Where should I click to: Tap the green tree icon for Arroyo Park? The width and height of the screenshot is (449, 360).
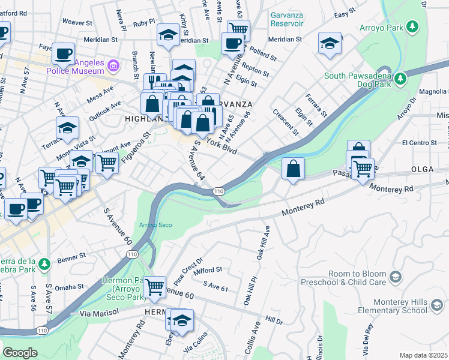(412, 27)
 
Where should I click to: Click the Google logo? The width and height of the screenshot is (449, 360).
(20, 353)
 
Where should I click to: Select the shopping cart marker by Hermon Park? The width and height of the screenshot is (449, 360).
(155, 287)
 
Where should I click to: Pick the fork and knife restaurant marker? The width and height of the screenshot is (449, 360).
(155, 83)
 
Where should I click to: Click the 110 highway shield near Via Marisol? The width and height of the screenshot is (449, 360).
(41, 331)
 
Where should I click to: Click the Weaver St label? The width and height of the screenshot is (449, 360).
(76, 22)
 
